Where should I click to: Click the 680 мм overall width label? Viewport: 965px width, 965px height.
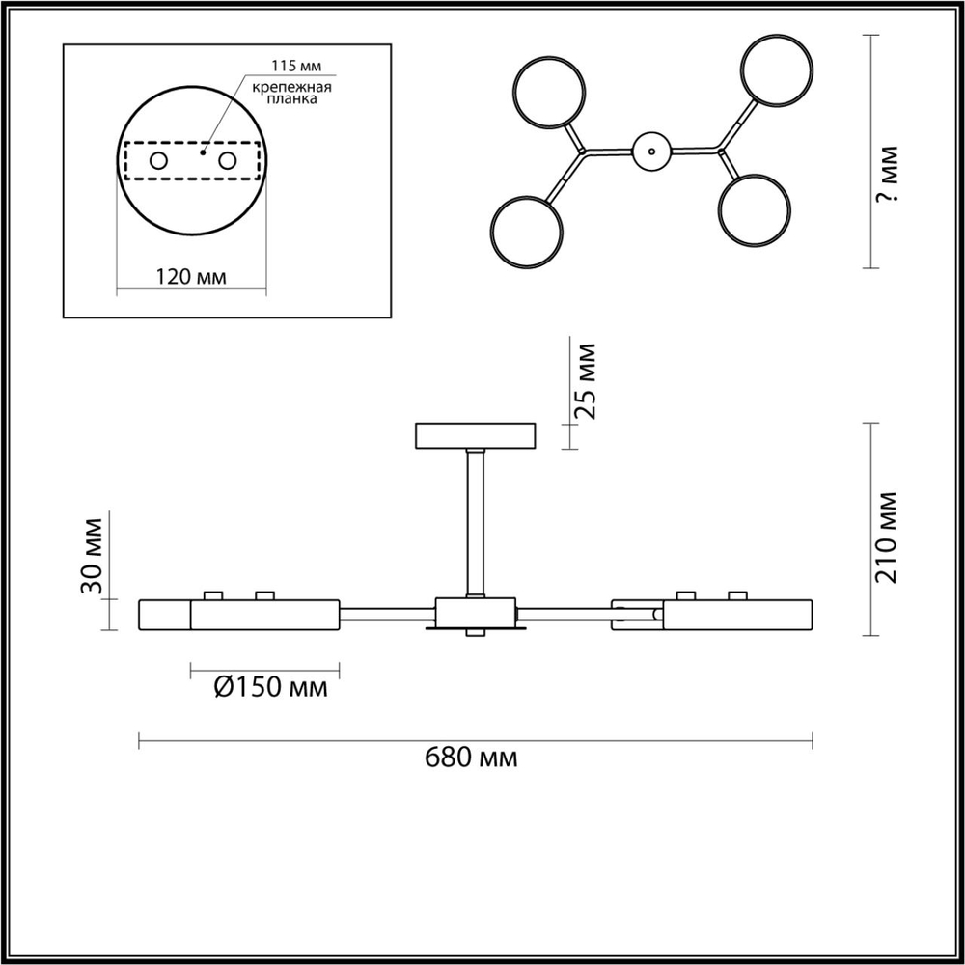[471, 758]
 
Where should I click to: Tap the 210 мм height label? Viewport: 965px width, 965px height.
[887, 538]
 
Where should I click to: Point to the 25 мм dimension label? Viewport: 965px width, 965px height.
[586, 380]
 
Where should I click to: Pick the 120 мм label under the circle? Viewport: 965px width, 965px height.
[191, 277]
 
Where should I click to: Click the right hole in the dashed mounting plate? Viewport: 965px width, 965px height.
[228, 160]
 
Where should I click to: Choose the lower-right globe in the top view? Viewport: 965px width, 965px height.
[755, 209]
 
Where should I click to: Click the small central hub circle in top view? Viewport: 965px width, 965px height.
[651, 151]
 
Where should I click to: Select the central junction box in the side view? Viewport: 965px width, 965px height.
[475, 612]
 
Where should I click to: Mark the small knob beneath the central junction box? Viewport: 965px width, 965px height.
[475, 633]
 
